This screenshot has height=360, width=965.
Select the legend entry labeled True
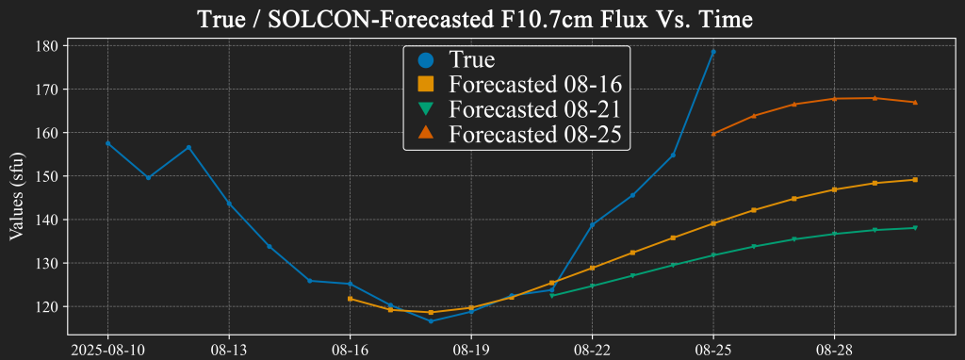471,60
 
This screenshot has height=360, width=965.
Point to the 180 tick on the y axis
47,45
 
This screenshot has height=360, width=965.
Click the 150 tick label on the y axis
47,176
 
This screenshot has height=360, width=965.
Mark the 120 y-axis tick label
47,306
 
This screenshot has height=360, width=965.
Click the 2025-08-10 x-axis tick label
107,349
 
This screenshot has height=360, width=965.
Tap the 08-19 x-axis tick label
471,349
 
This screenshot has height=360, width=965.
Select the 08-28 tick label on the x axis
835,349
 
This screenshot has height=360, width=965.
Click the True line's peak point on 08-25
713,51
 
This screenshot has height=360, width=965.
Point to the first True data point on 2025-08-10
107,143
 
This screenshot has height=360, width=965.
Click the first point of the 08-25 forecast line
713,134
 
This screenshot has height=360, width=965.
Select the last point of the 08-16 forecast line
915,179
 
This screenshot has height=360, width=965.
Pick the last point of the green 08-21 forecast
915,227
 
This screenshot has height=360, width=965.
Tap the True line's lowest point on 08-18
431,321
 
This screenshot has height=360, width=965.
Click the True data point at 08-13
229,204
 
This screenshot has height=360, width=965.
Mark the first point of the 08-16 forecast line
351,299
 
